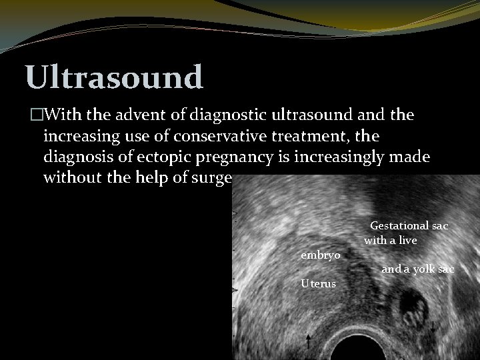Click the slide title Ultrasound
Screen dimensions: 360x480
point(114,77)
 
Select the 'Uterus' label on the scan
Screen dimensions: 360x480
point(318,283)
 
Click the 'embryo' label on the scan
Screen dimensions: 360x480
point(320,255)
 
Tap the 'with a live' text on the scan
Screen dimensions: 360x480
point(390,240)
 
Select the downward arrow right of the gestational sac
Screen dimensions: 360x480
point(433,326)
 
